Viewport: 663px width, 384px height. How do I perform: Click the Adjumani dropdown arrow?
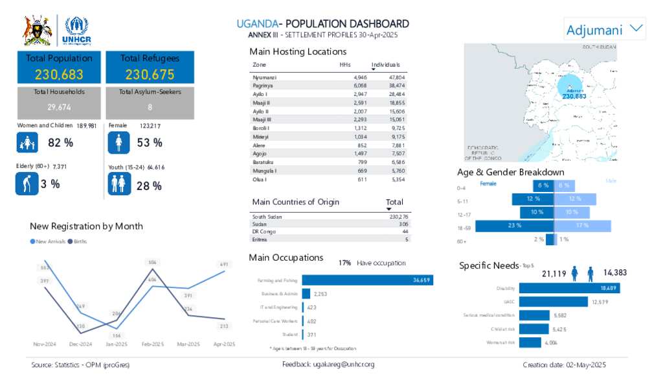point(636,29)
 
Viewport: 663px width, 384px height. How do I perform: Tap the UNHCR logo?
point(76,30)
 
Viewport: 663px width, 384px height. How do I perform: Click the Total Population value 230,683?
point(59,75)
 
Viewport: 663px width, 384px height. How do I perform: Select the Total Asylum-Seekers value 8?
point(150,107)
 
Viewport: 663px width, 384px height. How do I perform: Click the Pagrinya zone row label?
point(262,86)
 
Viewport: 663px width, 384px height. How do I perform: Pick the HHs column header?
point(345,65)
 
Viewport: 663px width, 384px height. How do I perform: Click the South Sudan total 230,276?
point(395,217)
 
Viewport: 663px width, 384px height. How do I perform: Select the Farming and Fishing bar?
point(367,280)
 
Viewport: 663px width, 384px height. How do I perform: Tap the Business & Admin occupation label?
point(280,294)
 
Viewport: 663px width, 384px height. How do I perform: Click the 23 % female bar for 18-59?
point(515,226)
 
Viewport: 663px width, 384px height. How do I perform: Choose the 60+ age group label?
point(461,241)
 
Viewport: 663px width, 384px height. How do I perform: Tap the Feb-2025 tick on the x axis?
point(153,344)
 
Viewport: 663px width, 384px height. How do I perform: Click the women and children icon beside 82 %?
point(27,143)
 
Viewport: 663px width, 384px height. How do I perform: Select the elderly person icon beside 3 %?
point(27,184)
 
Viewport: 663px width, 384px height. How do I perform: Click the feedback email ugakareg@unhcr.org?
point(328,365)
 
